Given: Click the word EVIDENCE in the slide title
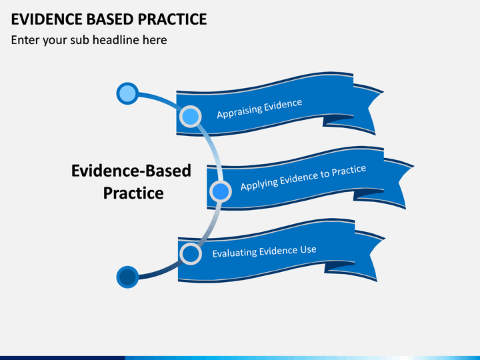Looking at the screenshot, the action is (47, 19).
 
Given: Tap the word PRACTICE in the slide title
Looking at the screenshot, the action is (172, 19).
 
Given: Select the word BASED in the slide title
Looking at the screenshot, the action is (110, 19).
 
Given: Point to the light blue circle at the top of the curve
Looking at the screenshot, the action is (127, 93).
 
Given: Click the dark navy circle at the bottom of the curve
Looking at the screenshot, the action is (127, 277).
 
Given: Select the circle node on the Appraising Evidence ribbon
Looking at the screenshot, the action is (191, 116).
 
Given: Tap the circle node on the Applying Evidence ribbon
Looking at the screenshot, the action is (221, 191).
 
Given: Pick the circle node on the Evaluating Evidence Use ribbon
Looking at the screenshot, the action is (191, 254).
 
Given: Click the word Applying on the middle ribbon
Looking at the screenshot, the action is (259, 183).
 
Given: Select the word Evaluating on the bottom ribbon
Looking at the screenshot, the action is (235, 253).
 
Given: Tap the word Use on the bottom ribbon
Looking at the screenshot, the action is (308, 250).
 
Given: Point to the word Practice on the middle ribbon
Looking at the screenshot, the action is (349, 171).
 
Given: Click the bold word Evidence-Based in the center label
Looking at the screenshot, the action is (131, 171).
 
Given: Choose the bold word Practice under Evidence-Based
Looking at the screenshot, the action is (133, 193).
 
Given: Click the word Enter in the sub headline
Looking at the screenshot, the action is (25, 40).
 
